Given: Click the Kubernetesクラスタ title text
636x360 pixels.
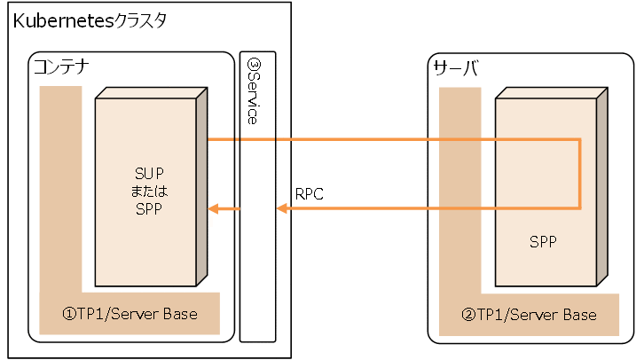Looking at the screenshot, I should (90, 20).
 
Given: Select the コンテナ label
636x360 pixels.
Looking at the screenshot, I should (61, 67).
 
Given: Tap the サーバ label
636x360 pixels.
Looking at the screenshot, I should (455, 67).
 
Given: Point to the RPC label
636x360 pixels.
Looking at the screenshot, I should (310, 192).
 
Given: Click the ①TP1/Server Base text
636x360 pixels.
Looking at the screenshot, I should (130, 315).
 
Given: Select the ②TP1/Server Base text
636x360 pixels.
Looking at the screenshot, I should (529, 315).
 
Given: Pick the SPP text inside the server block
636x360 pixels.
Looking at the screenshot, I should (543, 240).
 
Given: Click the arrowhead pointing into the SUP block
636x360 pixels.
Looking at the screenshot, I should (213, 209).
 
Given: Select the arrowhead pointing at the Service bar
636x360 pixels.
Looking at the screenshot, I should (282, 209).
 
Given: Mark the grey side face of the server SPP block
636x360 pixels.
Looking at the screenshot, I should (602, 186).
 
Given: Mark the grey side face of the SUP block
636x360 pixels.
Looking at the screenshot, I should (202, 186).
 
